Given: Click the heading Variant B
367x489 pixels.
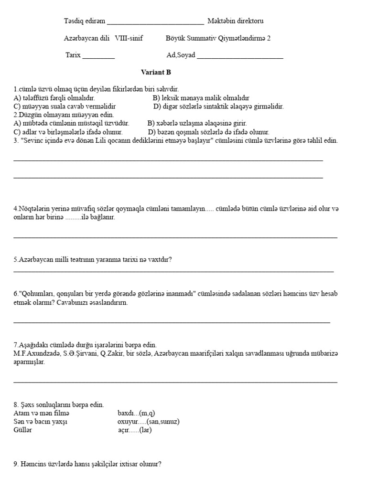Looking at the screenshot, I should coord(155,73).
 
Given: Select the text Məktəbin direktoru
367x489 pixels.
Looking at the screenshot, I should coord(235,21).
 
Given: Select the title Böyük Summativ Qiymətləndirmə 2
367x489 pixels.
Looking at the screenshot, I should coord(218,38).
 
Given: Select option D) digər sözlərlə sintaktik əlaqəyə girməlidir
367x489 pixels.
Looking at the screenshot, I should coord(218,106).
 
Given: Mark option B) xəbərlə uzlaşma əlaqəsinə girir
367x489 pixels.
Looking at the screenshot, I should coord(197,123).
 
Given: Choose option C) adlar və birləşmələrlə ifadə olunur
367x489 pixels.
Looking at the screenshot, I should coord(68,132).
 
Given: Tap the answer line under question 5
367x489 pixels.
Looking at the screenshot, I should coord(173,271).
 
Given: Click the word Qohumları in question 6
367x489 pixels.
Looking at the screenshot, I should coord(36,294).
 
